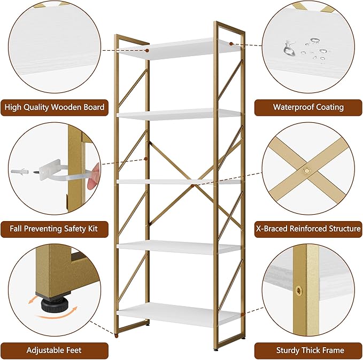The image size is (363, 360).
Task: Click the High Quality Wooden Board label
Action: click(x=55, y=107)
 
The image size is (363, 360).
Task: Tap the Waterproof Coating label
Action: click(x=308, y=107)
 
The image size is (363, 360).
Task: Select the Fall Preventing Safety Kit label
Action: click(x=55, y=229)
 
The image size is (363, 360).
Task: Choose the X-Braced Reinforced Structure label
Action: click(x=308, y=229)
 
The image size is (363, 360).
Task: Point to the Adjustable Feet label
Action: click(x=55, y=350)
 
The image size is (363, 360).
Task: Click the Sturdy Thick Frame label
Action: click(x=308, y=350)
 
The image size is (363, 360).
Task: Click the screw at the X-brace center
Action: click(x=307, y=171)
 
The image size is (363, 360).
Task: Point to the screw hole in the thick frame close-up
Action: click(x=299, y=291)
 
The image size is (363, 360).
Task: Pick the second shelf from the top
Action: click(x=179, y=114)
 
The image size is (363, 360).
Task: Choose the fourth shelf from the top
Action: click(x=179, y=247)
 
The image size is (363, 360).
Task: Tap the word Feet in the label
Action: click(x=73, y=350)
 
